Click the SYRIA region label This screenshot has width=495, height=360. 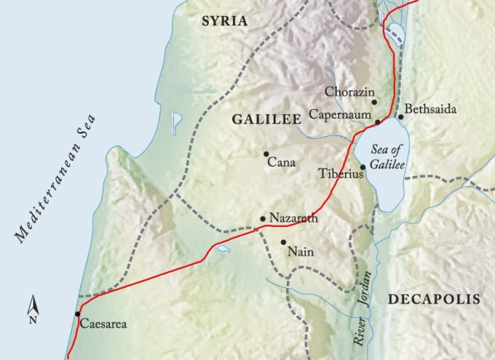(x=224, y=22)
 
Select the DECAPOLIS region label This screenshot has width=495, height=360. (x=434, y=299)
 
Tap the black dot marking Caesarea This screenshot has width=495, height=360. (x=76, y=313)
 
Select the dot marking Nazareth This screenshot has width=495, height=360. (x=263, y=218)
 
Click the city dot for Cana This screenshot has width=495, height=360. (x=266, y=153)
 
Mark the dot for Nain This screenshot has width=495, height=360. (x=282, y=242)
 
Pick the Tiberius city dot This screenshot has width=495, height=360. (x=363, y=167)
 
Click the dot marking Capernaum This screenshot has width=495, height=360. (x=378, y=121)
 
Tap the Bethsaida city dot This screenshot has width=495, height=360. (x=400, y=117)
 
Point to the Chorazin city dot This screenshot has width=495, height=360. (x=374, y=103)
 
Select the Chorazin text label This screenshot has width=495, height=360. (x=349, y=92)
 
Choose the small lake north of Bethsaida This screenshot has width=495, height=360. (x=395, y=32)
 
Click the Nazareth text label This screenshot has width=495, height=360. (x=293, y=217)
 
